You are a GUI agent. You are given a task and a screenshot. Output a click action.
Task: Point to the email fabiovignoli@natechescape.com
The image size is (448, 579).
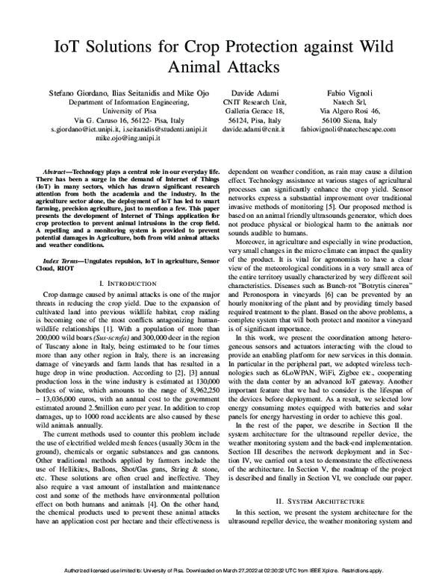360,128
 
